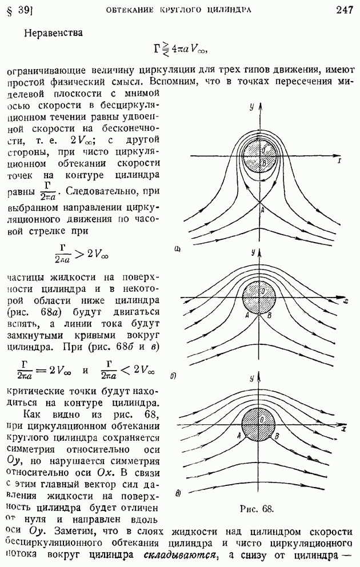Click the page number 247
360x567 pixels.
coord(344,10)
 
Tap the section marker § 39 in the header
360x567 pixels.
coord(20,11)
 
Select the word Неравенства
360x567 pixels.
coord(54,33)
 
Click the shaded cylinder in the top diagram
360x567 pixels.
coord(259,156)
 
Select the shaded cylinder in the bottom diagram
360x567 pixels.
coord(258,424)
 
